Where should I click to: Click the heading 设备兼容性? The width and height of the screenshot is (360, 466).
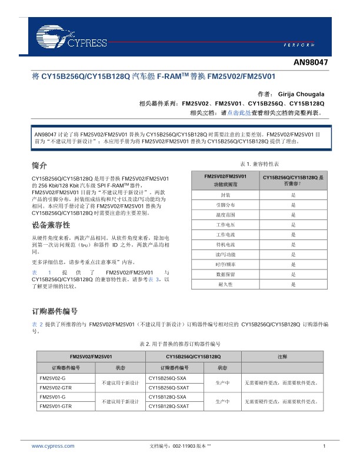click(51, 225)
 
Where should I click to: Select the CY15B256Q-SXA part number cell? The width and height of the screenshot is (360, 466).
click(168, 378)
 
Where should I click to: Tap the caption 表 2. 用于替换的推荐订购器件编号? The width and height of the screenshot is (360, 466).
click(179, 343)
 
